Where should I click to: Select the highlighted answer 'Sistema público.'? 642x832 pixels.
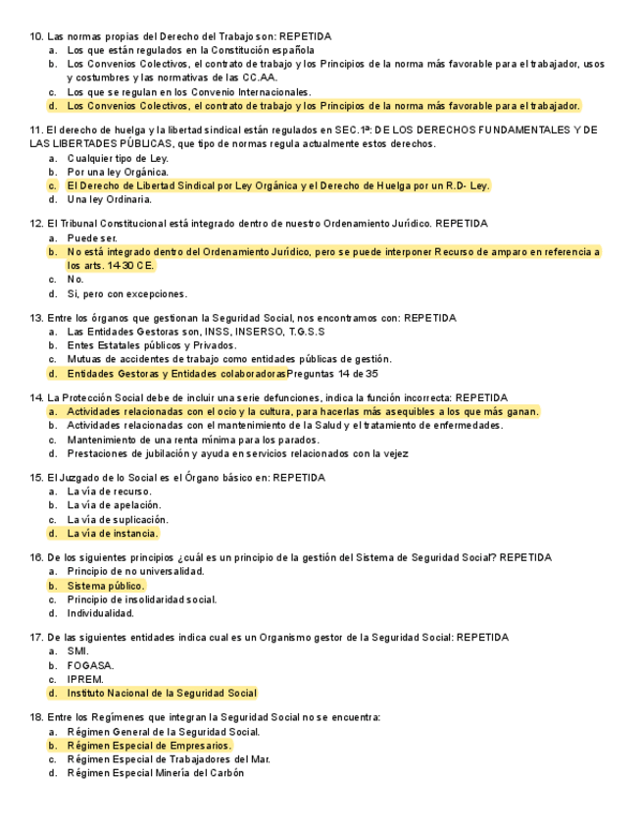coord(106,586)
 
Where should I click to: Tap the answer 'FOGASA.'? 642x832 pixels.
coord(90,665)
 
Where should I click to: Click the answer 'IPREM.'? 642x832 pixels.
coord(85,679)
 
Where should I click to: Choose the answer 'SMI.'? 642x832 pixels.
coord(78,650)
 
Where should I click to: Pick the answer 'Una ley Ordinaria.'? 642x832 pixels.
coord(110,199)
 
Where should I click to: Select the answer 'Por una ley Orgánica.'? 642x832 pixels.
coord(118,172)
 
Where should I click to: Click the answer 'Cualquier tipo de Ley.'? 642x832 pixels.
coord(118,158)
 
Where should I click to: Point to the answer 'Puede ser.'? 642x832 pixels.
coord(92,237)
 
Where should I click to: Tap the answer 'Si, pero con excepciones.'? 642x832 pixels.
coord(126,293)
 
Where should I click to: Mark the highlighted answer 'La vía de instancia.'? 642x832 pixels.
coord(113,534)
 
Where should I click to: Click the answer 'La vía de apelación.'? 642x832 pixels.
coord(113,505)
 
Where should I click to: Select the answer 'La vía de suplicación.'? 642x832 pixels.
coord(118,519)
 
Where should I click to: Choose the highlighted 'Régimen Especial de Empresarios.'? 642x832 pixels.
coord(150,746)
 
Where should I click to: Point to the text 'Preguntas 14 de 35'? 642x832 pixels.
coord(332,374)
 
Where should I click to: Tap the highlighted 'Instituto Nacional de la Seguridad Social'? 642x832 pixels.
coord(162,693)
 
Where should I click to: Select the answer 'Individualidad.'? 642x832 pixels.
coord(100,613)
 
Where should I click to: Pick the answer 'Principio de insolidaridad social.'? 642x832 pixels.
coord(142,599)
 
